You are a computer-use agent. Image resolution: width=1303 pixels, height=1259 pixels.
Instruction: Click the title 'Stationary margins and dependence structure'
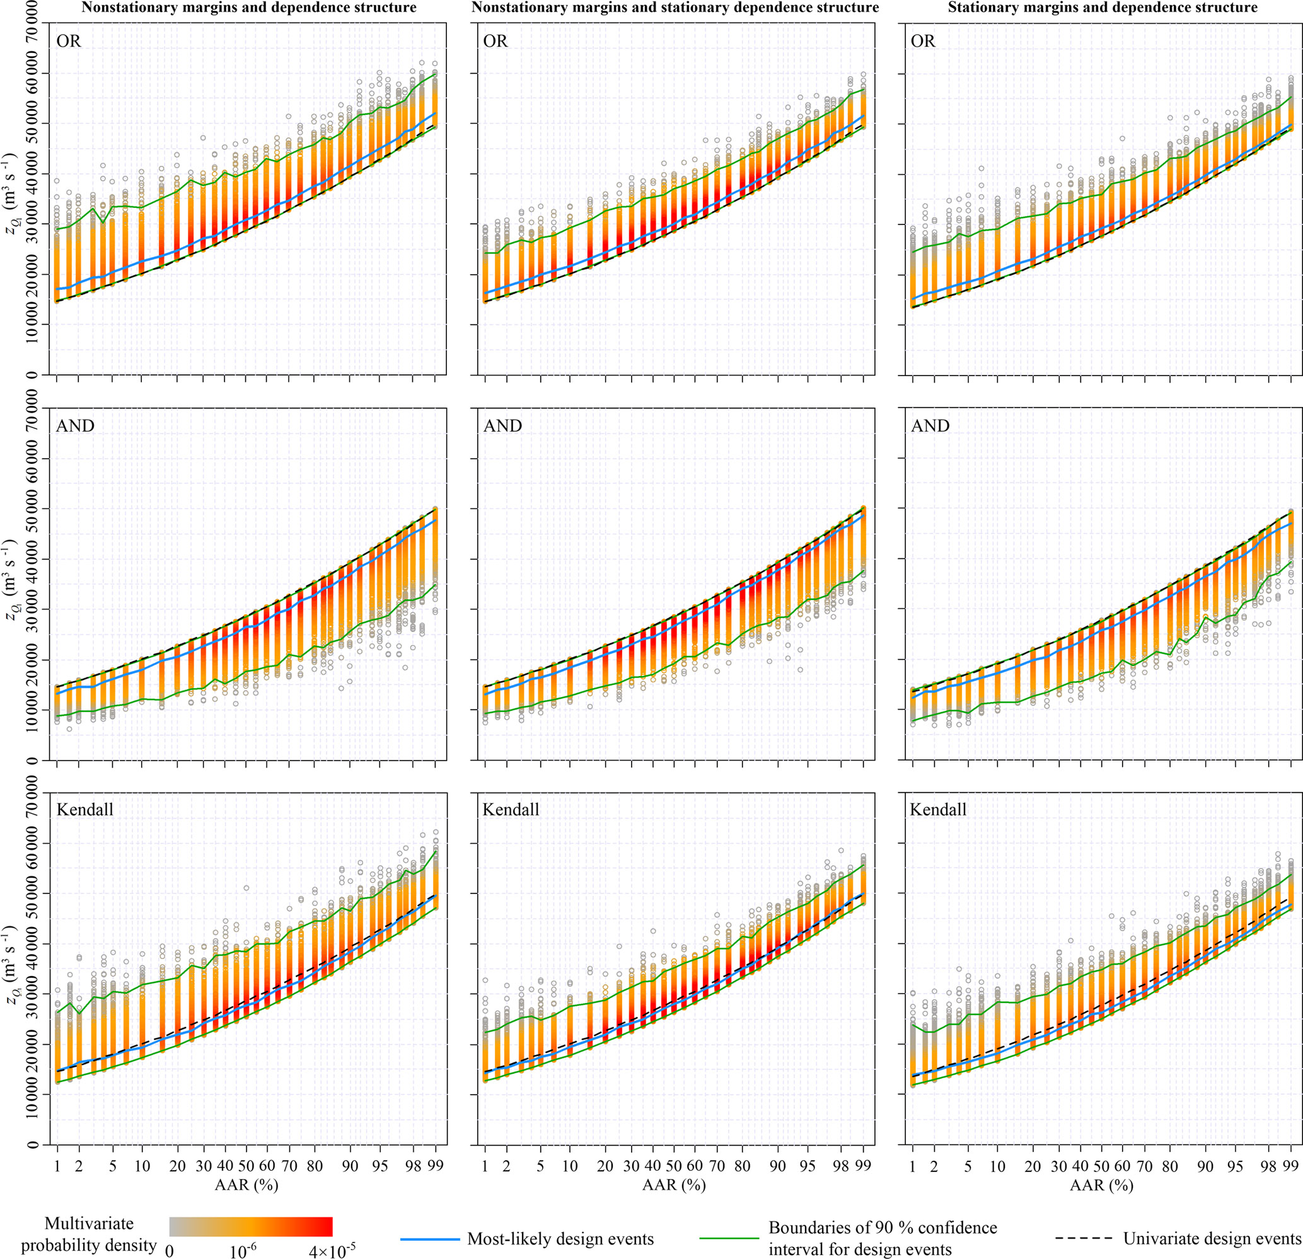(1103, 8)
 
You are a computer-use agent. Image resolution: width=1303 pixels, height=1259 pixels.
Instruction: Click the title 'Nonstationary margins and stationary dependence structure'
(675, 8)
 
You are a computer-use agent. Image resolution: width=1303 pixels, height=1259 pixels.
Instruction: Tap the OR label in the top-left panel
(69, 41)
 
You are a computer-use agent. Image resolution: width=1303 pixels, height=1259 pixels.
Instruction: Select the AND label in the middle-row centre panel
(502, 426)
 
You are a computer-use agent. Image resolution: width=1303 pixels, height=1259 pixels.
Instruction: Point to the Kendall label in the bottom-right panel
(937, 810)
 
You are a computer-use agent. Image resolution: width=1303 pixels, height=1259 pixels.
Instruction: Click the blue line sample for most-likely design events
(430, 1238)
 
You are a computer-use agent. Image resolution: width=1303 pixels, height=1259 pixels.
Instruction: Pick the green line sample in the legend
(729, 1238)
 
